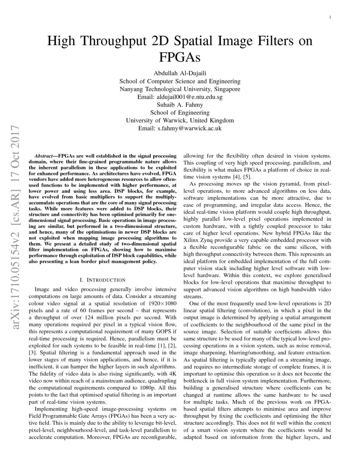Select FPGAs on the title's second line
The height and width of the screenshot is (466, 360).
(180, 57)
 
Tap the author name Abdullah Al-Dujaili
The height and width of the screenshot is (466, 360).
(180, 73)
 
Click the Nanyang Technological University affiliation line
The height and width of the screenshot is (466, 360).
(180, 89)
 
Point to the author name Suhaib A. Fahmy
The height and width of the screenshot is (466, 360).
(180, 105)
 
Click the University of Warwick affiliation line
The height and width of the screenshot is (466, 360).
(180, 120)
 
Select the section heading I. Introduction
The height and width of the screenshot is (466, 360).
(102, 280)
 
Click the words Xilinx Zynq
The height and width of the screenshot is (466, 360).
(198, 239)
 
